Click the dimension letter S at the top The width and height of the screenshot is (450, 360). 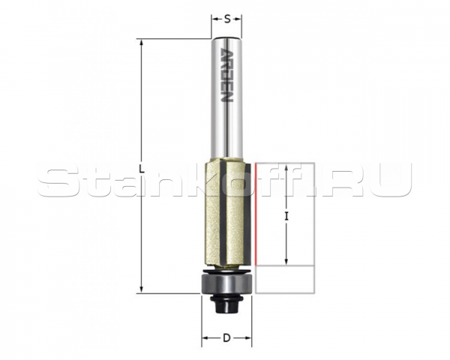(227, 19)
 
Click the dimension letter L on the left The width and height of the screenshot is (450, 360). (141, 169)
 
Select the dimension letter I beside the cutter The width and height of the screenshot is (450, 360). (286, 216)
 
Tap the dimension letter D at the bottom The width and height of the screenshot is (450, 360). (226, 338)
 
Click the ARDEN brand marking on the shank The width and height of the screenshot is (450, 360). (226, 76)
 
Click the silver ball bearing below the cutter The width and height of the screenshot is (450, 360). (226, 283)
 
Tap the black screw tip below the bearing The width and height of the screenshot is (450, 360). (226, 305)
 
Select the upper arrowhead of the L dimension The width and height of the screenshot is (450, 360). (141, 43)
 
